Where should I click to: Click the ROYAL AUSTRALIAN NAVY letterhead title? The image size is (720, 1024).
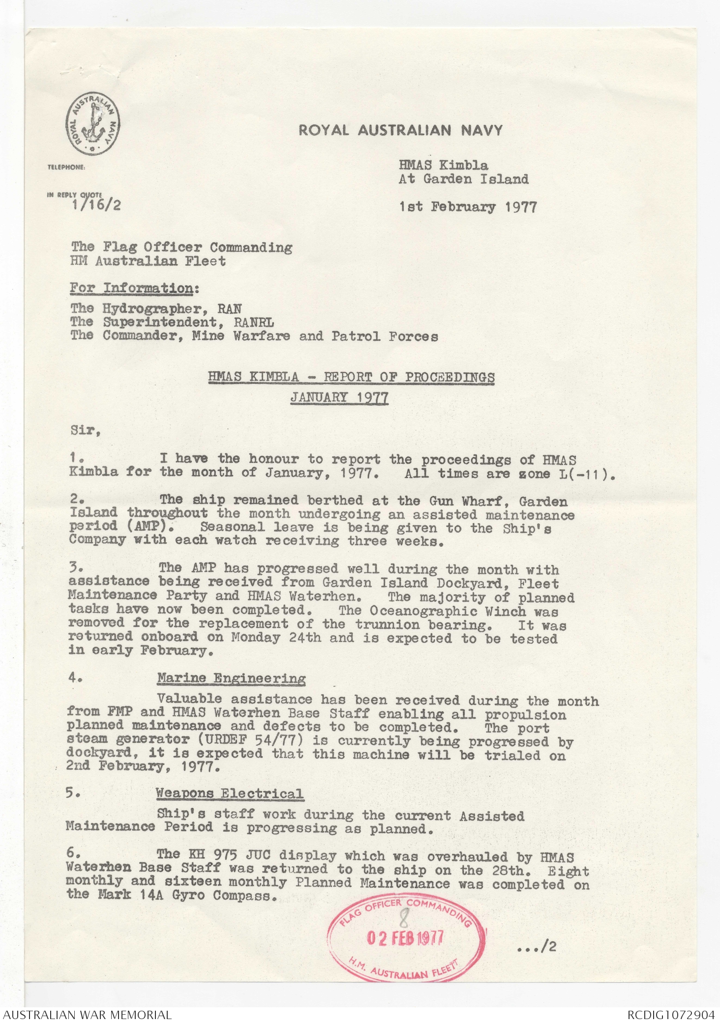pos(400,130)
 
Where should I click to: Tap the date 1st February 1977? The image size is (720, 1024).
pos(468,207)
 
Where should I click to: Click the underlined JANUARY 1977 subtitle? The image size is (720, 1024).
pos(339,397)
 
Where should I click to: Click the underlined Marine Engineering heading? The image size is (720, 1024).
pos(231,679)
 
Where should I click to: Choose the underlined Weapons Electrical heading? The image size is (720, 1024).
pos(229,794)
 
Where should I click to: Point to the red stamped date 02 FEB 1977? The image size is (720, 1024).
pos(405,938)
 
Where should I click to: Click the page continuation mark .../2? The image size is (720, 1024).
pos(537,947)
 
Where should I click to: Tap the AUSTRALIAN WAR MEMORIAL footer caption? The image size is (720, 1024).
pos(88,1015)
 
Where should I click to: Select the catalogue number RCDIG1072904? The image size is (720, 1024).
pos(670,1015)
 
